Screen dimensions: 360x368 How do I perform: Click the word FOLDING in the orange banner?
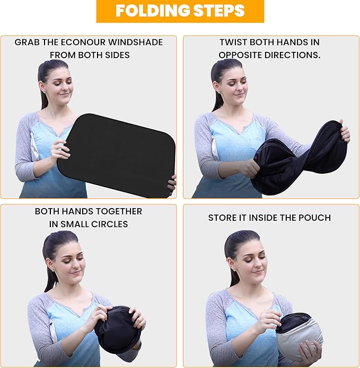pos(153,11)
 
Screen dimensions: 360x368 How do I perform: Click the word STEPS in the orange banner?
pos(218,11)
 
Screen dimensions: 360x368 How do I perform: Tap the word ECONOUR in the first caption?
pos(83,42)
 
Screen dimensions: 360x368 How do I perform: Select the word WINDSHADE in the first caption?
pos(135,42)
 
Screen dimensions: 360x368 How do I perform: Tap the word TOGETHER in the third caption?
pos(119,211)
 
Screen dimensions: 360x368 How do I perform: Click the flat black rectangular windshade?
pos(117,155)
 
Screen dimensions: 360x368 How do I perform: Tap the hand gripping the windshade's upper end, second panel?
pos(344,134)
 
